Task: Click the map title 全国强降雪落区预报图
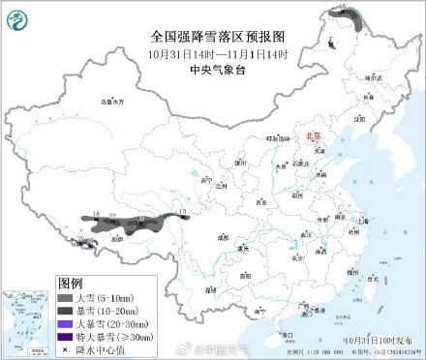(212, 35)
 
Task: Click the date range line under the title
(212, 52)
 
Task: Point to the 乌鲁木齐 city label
(114, 102)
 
